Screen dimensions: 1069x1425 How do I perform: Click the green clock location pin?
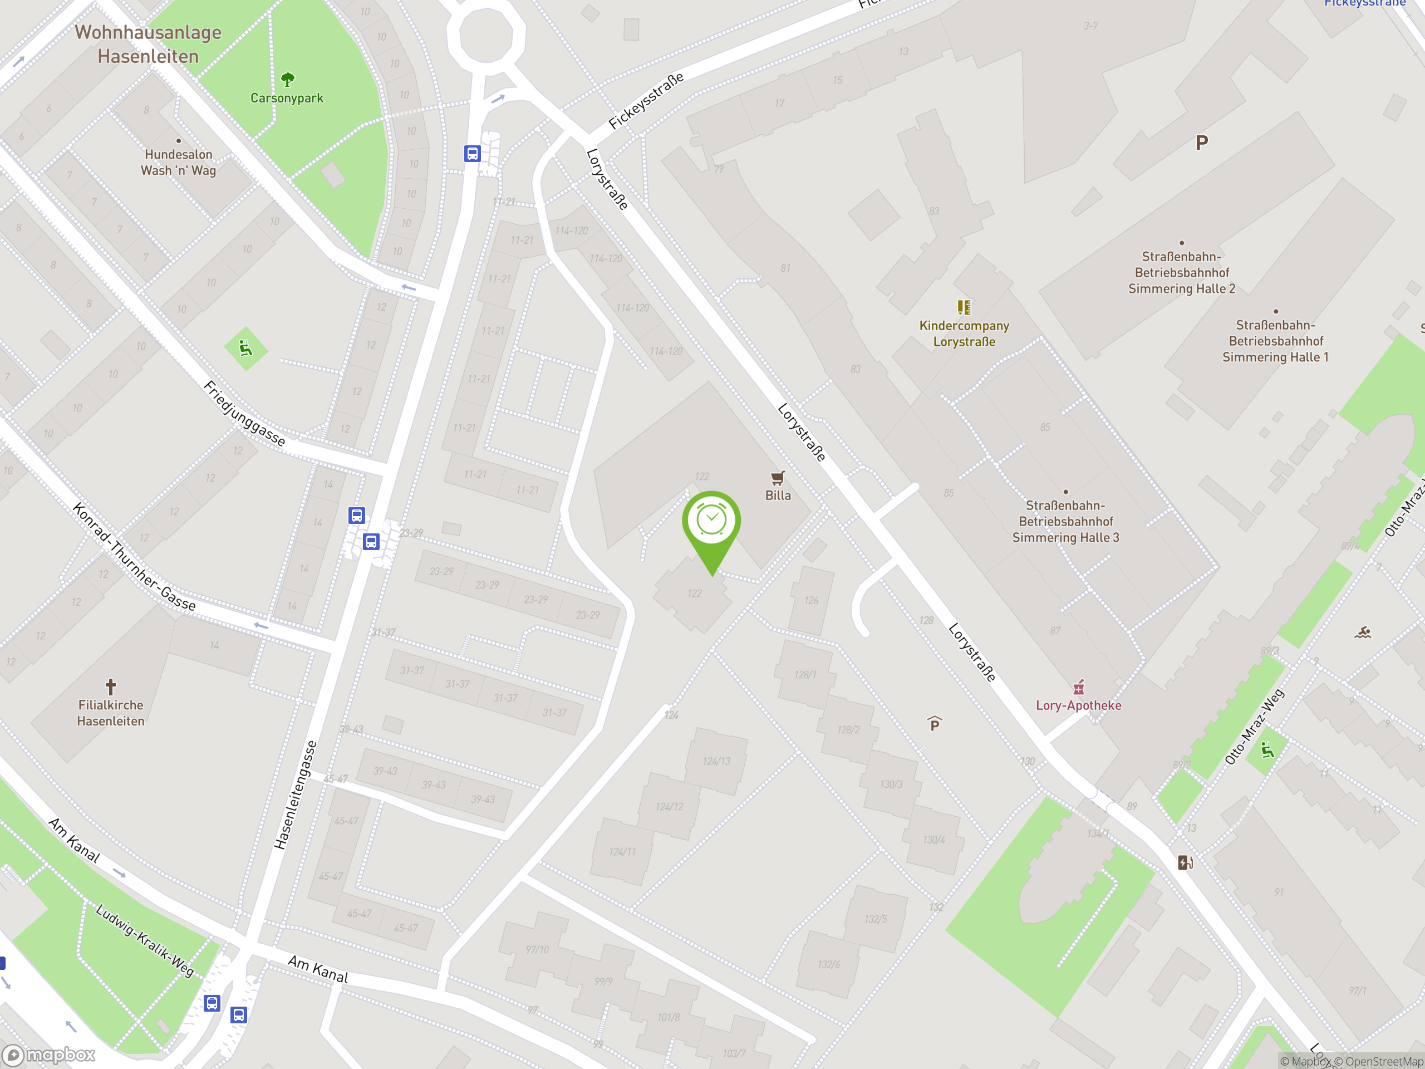[x=711, y=522]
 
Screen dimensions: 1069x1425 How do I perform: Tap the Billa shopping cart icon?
[x=778, y=478]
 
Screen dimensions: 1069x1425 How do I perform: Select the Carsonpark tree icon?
[x=287, y=79]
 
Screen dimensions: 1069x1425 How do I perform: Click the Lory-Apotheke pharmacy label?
[x=1078, y=705]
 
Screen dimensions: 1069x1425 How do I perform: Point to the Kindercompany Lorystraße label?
[x=964, y=333]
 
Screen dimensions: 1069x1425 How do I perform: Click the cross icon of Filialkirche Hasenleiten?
[x=111, y=686]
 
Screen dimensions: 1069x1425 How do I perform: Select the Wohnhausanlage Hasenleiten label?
[x=148, y=44]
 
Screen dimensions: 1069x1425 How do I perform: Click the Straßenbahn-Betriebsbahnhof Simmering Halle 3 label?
[x=1065, y=521]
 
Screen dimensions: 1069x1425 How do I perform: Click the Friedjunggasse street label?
[x=244, y=413]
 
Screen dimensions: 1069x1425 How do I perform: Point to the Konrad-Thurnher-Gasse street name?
[x=134, y=557]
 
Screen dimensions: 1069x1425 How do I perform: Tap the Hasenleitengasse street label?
[x=295, y=795]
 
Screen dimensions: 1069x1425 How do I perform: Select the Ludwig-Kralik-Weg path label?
[x=144, y=940]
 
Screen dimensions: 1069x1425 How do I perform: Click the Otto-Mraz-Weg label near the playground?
[x=1254, y=726]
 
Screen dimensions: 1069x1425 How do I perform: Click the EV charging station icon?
[x=1185, y=862]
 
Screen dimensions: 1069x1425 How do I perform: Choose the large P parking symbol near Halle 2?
[x=1201, y=143]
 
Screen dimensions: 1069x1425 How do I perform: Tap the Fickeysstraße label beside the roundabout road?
[x=646, y=101]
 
